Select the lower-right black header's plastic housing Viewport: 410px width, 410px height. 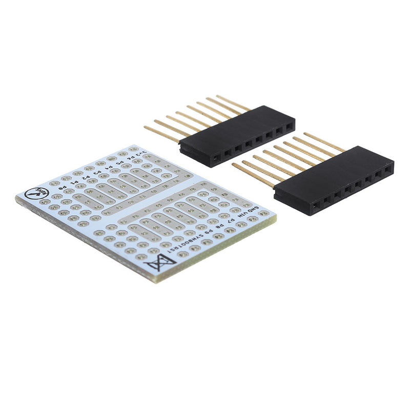point(333,174)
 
